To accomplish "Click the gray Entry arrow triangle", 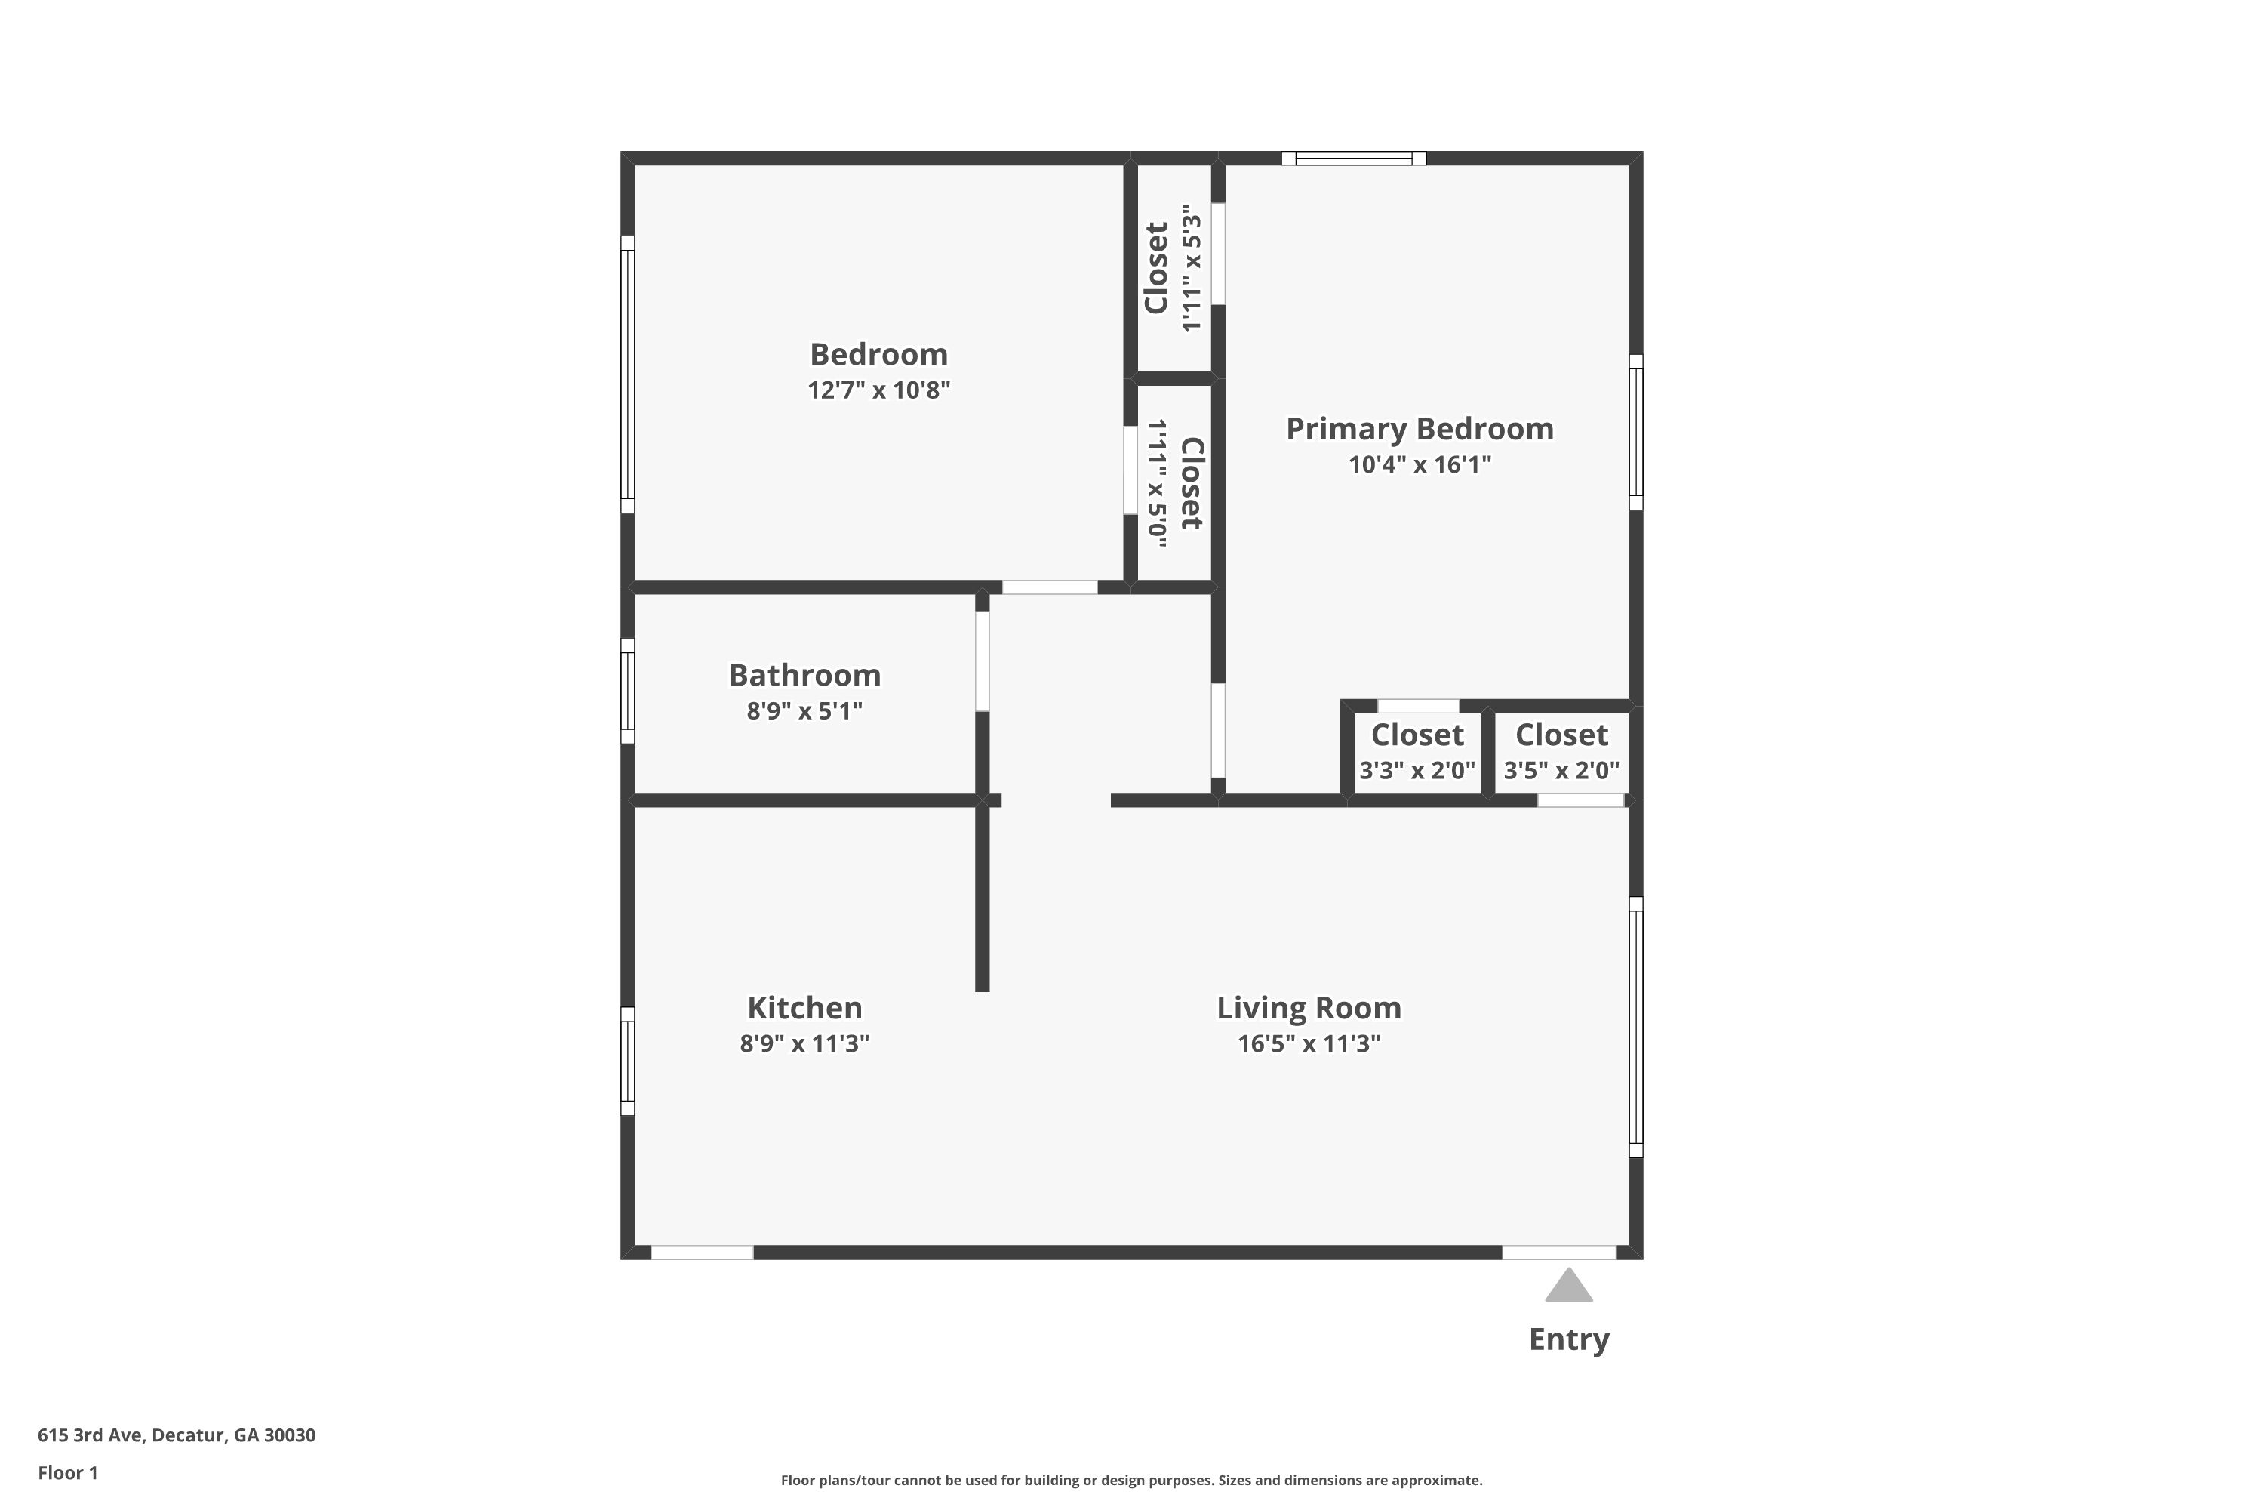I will (1568, 1287).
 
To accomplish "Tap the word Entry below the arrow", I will (1568, 1339).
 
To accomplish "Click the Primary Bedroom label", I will (1419, 429).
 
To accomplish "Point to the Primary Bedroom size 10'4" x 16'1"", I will (1419, 464).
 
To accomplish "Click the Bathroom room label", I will (804, 675).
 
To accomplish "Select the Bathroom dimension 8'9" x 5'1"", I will (804, 710).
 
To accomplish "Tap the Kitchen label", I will (804, 1007).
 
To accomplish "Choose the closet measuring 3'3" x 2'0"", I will (1417, 752).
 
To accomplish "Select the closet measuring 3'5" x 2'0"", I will (1561, 752).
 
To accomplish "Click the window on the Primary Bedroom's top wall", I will (1352, 158).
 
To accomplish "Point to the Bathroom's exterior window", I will (628, 691).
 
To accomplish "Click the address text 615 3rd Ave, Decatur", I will (176, 1435).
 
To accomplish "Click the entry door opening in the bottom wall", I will (1558, 1252).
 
